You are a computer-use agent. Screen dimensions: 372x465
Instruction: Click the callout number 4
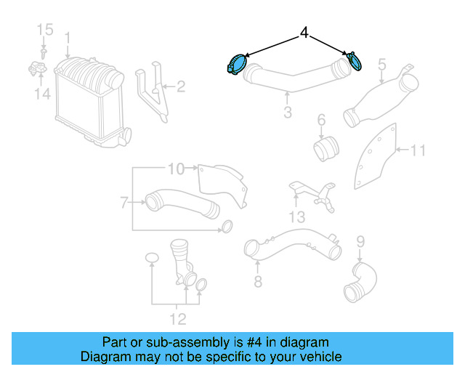coord(304,33)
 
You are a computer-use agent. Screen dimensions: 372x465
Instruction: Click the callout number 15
coord(45,30)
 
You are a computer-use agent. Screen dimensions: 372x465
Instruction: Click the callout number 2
coord(181,87)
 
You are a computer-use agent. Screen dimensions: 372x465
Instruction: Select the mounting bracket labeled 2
coord(155,91)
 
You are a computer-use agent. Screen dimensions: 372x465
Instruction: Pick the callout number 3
coord(288,112)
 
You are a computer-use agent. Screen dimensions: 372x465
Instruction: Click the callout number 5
coord(381,65)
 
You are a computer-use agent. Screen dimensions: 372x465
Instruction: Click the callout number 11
coord(418,150)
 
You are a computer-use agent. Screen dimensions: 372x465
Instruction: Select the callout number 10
coord(176,169)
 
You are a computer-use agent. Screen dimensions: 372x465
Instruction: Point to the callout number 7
coord(124,201)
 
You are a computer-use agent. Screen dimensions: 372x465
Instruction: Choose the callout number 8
coord(257,281)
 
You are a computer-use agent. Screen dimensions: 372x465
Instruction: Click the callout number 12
coord(177,319)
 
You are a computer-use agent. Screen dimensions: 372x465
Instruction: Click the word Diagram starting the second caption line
coord(104,357)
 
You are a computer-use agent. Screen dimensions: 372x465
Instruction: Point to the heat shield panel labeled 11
coord(378,156)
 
